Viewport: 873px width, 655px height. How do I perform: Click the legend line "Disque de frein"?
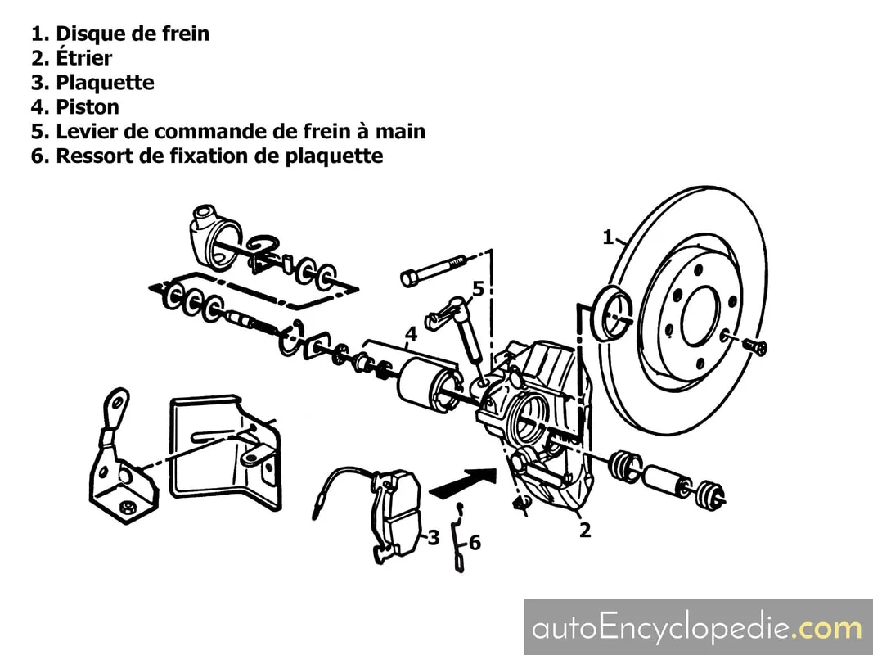pos(120,34)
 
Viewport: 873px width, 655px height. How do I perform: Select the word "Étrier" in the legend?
pos(84,57)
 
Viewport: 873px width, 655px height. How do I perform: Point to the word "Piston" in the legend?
pos(88,107)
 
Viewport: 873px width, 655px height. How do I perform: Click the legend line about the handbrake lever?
pos(228,132)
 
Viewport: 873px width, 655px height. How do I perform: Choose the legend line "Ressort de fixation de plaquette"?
pos(207,156)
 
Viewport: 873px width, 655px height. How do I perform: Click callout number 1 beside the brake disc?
pos(609,237)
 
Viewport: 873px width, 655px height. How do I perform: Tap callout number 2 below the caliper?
pos(585,530)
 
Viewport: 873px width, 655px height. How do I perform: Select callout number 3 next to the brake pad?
pos(433,537)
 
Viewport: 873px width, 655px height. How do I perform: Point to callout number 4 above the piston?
pos(411,335)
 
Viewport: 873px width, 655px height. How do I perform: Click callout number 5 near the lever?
pos(479,289)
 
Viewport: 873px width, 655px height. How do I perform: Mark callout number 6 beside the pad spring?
pos(475,542)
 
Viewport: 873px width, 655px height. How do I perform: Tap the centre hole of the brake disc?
pos(701,316)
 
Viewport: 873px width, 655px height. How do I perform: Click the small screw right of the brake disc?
pos(755,346)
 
